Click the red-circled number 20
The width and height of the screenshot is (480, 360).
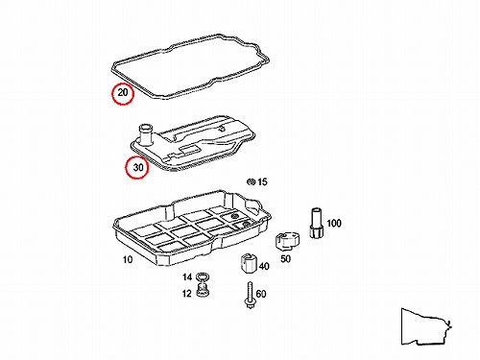click(x=123, y=93)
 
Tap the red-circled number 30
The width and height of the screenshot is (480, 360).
click(x=138, y=167)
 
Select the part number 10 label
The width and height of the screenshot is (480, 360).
click(x=128, y=259)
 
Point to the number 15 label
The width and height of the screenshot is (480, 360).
click(x=262, y=181)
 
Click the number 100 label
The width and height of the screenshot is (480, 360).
click(x=334, y=223)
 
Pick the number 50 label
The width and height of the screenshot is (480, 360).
click(x=285, y=258)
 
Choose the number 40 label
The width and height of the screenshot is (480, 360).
click(x=264, y=266)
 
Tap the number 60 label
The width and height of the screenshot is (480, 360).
click(x=261, y=294)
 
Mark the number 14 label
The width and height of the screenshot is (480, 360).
click(x=187, y=276)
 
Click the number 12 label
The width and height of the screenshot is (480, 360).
click(x=187, y=293)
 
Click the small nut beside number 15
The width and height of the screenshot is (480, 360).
click(x=251, y=182)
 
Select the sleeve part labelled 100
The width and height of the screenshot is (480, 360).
click(x=316, y=223)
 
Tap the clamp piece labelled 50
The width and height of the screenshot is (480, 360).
click(x=287, y=241)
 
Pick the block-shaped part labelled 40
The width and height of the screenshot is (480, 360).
click(x=249, y=263)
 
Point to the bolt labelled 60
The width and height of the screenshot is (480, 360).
click(x=250, y=296)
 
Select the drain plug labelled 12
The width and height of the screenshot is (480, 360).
click(x=202, y=290)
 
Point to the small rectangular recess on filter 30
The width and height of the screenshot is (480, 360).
click(x=190, y=149)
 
